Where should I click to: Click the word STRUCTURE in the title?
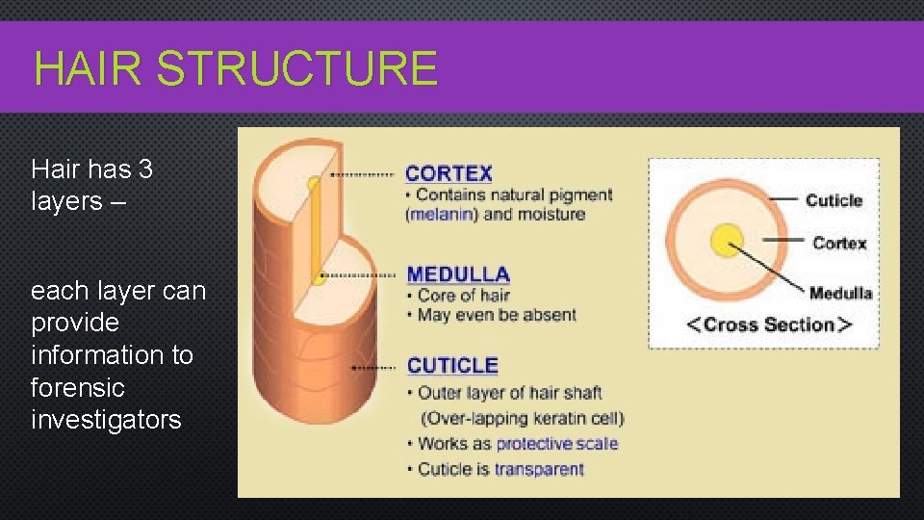(x=296, y=69)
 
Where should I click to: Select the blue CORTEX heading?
(x=449, y=174)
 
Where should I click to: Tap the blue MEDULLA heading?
(x=458, y=274)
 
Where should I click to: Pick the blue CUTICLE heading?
(x=452, y=366)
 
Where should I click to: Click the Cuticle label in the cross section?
(x=834, y=200)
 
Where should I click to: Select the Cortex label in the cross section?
(x=839, y=243)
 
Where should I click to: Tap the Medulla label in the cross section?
(x=840, y=293)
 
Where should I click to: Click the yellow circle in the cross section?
(x=727, y=240)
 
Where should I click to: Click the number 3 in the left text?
(x=145, y=169)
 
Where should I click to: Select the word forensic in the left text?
(x=78, y=387)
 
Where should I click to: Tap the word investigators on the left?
(x=106, y=420)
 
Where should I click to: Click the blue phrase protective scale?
(x=556, y=444)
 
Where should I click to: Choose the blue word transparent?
(x=539, y=470)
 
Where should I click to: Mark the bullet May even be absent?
(x=497, y=315)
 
